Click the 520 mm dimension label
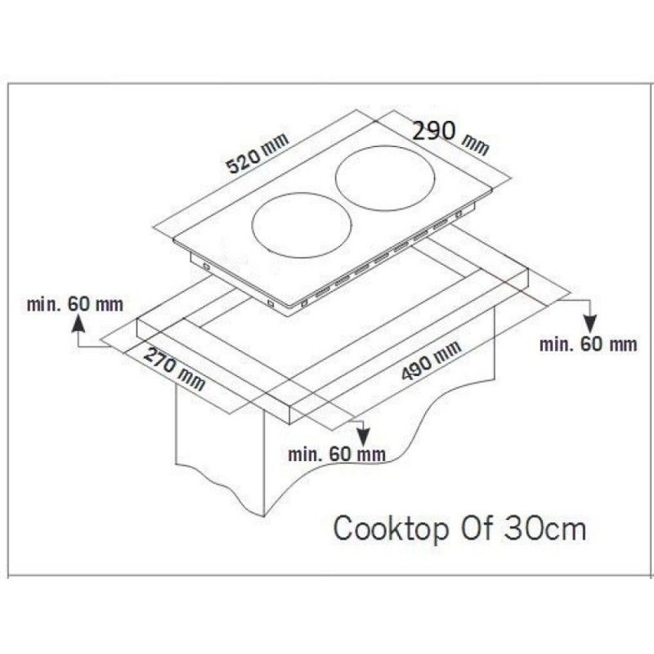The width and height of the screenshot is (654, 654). pyautogui.click(x=258, y=153)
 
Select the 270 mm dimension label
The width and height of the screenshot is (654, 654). pyautogui.click(x=174, y=369)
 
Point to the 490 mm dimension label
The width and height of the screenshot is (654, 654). pyautogui.click(x=432, y=361)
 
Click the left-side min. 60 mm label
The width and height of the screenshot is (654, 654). pyautogui.click(x=75, y=304)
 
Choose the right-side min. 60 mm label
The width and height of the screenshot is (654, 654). pyautogui.click(x=589, y=344)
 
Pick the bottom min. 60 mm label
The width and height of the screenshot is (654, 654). pyautogui.click(x=337, y=455)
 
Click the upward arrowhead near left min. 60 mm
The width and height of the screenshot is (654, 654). pyautogui.click(x=78, y=324)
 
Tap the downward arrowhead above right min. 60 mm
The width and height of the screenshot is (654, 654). pyautogui.click(x=590, y=324)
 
